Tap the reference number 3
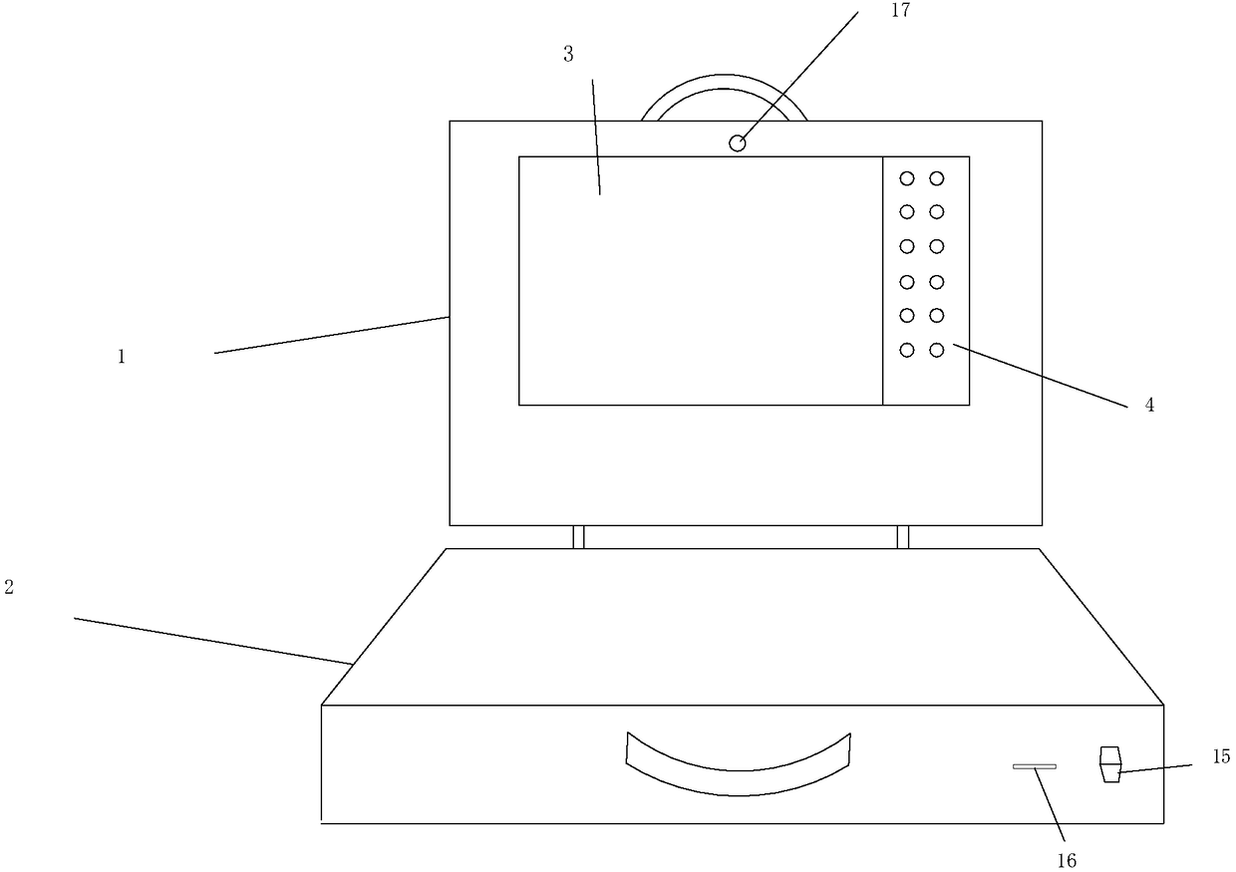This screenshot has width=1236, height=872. pyautogui.click(x=568, y=55)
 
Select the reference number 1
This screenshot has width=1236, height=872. pyautogui.click(x=122, y=357)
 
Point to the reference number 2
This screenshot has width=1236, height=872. pyautogui.click(x=9, y=588)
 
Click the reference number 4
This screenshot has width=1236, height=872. pyautogui.click(x=1149, y=406)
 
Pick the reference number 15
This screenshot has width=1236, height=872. pyautogui.click(x=1222, y=757)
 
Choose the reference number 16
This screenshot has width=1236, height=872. pyautogui.click(x=1068, y=860)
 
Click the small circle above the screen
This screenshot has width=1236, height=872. pyautogui.click(x=738, y=144)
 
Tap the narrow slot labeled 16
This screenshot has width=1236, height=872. pyautogui.click(x=1035, y=766)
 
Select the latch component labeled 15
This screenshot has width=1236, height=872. pyautogui.click(x=1109, y=764)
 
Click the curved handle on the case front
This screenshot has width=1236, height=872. pyautogui.click(x=739, y=768)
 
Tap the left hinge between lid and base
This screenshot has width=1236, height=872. pyautogui.click(x=578, y=537)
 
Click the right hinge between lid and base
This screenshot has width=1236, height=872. pyautogui.click(x=903, y=537)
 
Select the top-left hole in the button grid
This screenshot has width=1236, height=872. pyautogui.click(x=907, y=179)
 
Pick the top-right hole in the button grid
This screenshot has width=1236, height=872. pyautogui.click(x=937, y=179)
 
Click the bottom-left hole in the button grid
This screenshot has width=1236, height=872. pyautogui.click(x=907, y=350)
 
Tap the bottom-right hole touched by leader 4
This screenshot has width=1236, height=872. pyautogui.click(x=937, y=350)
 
